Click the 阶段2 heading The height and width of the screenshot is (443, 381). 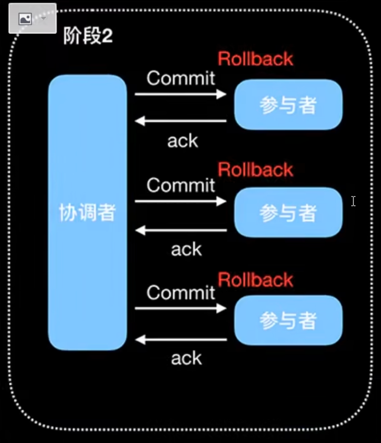coord(88,36)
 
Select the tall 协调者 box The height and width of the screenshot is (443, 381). coord(87,213)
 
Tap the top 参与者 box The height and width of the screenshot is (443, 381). coord(288,104)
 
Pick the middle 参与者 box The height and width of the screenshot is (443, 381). coord(288,212)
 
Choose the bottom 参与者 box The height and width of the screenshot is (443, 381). coord(288,320)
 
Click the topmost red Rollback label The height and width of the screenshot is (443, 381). coord(255,59)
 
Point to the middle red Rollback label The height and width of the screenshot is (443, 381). coord(255,170)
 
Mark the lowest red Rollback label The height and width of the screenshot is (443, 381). coord(255,280)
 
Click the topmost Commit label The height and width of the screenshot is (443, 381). coord(181,78)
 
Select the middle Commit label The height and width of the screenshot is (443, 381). coord(181,185)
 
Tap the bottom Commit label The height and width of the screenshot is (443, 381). coord(181,293)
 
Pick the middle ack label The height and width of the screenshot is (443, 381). coord(186,249)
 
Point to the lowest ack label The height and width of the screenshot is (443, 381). coord(186,358)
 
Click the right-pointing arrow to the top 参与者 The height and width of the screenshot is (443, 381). coord(180,94)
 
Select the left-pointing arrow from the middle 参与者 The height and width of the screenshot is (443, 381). coord(180,230)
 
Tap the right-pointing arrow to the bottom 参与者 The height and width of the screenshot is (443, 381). coord(180,308)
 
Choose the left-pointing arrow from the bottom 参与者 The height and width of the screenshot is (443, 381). coord(180,339)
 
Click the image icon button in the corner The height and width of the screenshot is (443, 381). coord(26,19)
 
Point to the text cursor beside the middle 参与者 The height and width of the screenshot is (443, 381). coord(353,201)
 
